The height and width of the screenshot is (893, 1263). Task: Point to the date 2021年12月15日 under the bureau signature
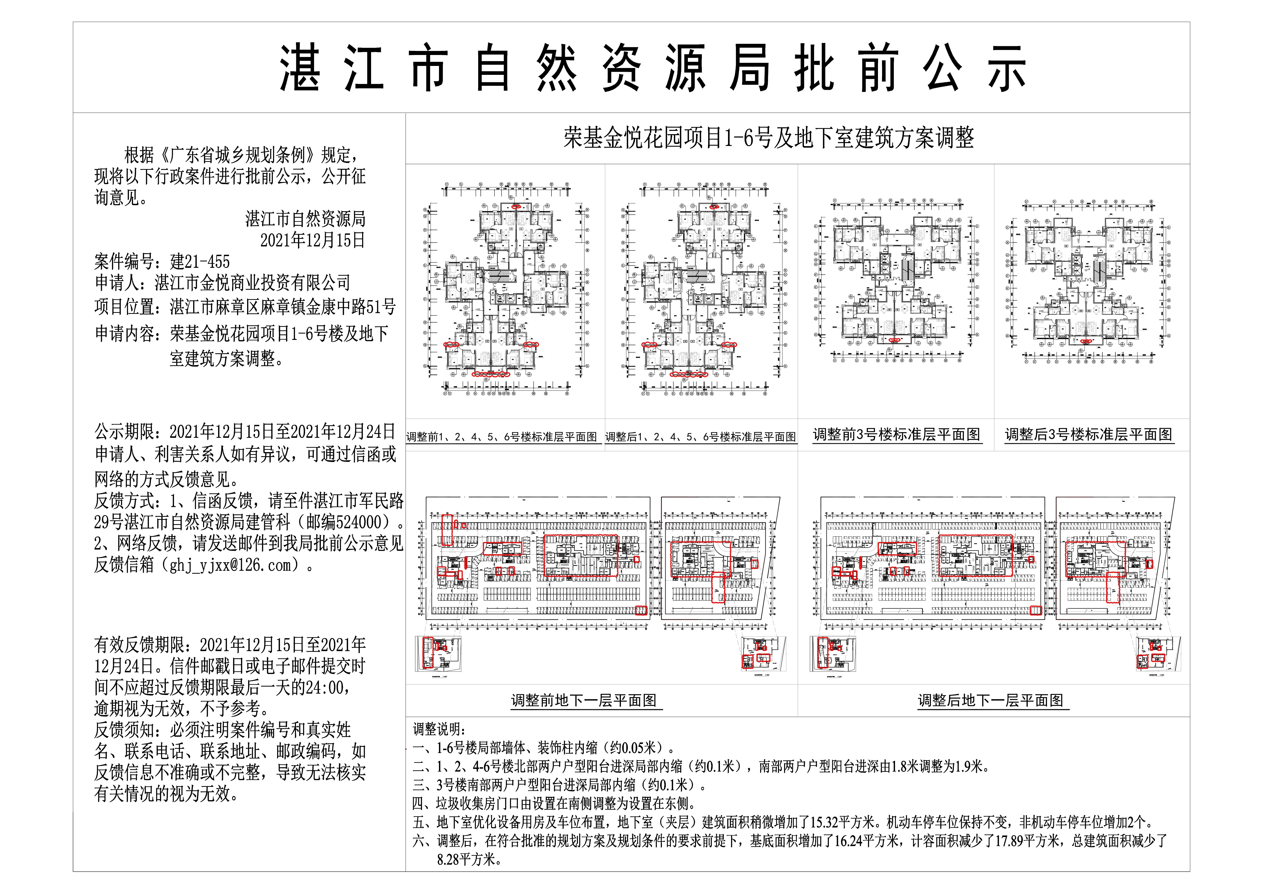313,240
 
